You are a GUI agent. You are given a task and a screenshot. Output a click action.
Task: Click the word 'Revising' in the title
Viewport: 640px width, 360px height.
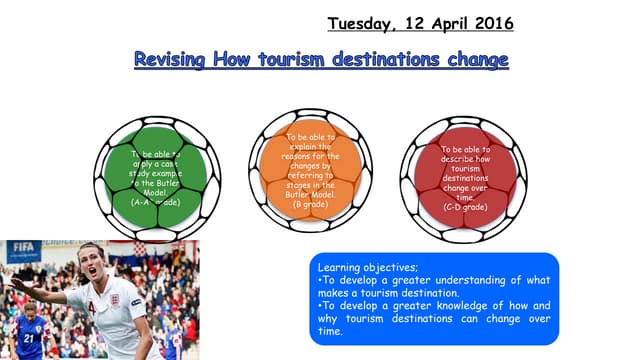(x=171, y=61)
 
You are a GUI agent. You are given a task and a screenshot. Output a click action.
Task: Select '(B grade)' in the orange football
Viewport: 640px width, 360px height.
(x=303, y=204)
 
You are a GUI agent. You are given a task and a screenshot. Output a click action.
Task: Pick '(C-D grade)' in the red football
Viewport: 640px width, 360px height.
(x=464, y=206)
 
